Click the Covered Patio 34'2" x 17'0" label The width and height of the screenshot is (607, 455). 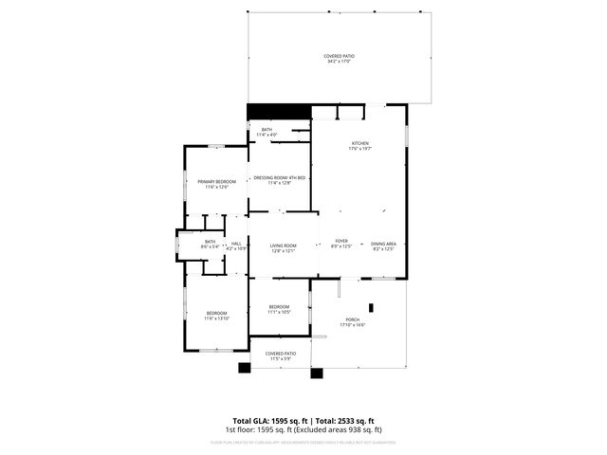338,59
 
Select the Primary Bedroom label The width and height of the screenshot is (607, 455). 216,184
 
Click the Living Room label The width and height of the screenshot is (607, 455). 283,247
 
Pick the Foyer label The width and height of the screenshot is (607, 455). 340,245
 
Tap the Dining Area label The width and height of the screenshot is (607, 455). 383,246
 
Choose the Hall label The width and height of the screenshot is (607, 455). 235,246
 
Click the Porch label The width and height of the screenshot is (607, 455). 352,322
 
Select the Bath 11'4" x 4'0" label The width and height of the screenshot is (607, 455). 267,132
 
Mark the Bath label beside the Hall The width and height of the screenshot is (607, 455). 210,244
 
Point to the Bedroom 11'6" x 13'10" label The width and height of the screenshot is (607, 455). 216,316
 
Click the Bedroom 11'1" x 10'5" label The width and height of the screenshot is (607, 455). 279,309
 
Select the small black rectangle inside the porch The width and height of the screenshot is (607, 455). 372,307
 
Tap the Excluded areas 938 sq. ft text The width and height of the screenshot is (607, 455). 348,430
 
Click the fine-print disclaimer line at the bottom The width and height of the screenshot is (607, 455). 303,442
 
